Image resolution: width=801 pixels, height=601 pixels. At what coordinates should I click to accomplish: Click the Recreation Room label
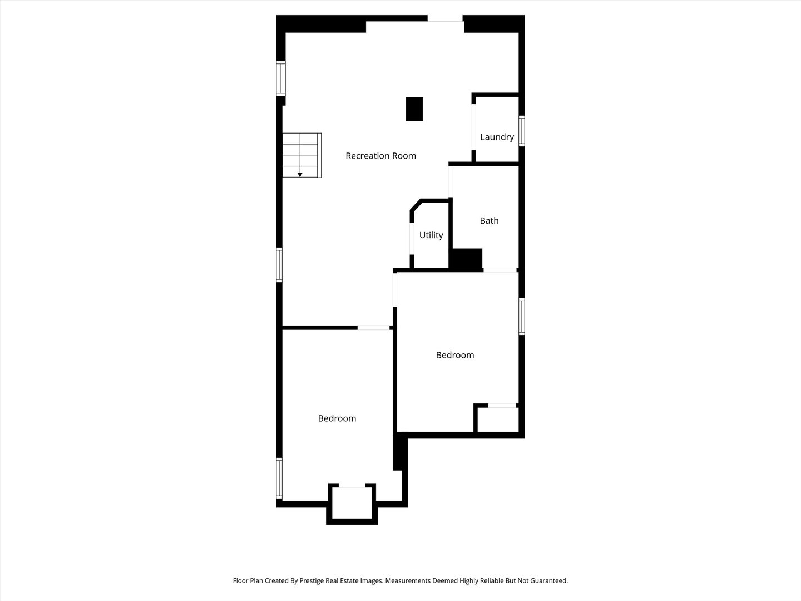coord(380,156)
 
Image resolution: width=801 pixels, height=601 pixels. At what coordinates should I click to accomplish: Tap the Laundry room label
coord(497,137)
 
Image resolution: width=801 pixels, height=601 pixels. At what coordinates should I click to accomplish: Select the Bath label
coord(489,221)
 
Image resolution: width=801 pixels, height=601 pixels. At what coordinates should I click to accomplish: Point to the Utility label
coord(431,235)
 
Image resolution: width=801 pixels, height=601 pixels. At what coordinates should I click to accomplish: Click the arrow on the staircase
coord(300,174)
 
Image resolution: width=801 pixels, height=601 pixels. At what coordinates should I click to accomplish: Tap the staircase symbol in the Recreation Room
coord(301,155)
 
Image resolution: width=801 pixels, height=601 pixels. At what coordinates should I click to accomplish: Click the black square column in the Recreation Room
coord(414,109)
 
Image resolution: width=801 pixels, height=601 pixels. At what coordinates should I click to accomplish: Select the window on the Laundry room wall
coord(522,131)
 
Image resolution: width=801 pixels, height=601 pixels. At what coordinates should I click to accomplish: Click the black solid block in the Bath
coord(466,259)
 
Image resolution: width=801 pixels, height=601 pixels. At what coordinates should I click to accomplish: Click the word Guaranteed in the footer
coord(548,581)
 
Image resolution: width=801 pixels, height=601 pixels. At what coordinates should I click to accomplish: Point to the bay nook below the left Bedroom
coord(352,504)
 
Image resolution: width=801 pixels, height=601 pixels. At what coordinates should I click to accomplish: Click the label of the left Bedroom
coord(337,418)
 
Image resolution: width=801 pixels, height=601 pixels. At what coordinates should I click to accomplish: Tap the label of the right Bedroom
coord(454,355)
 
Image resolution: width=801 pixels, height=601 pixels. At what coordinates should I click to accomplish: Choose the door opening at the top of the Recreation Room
coord(445,22)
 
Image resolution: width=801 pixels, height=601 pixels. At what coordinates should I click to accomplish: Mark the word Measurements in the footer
coord(409,581)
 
